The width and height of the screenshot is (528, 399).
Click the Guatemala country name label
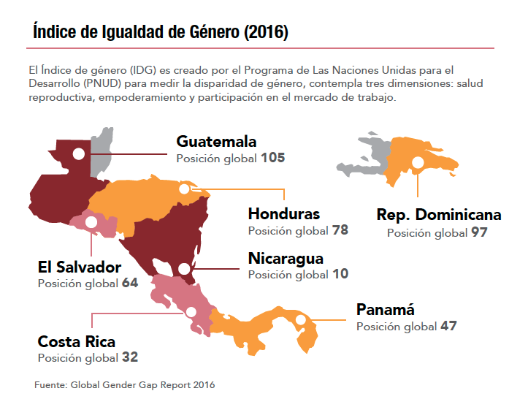tap(216, 141)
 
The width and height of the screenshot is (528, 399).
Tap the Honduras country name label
tap(284, 214)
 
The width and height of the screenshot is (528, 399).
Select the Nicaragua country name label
tap(286, 258)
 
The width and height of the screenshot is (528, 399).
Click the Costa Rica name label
tap(77, 341)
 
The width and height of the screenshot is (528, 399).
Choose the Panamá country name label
tap(385, 309)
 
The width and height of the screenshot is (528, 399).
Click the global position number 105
tap(272, 158)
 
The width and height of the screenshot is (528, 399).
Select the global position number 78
tap(340, 231)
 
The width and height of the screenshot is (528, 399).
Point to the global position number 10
tap(340, 275)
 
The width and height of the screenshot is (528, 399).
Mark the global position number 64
tap(130, 284)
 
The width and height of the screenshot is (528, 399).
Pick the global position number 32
tap(130, 358)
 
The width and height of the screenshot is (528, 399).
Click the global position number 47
tap(448, 327)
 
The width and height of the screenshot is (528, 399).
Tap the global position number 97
tap(479, 233)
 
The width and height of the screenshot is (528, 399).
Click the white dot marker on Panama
tap(300, 319)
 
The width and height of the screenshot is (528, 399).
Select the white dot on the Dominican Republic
tap(418, 164)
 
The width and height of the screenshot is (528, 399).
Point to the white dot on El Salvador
tap(91, 221)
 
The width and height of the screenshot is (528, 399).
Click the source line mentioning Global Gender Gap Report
tap(125, 384)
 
